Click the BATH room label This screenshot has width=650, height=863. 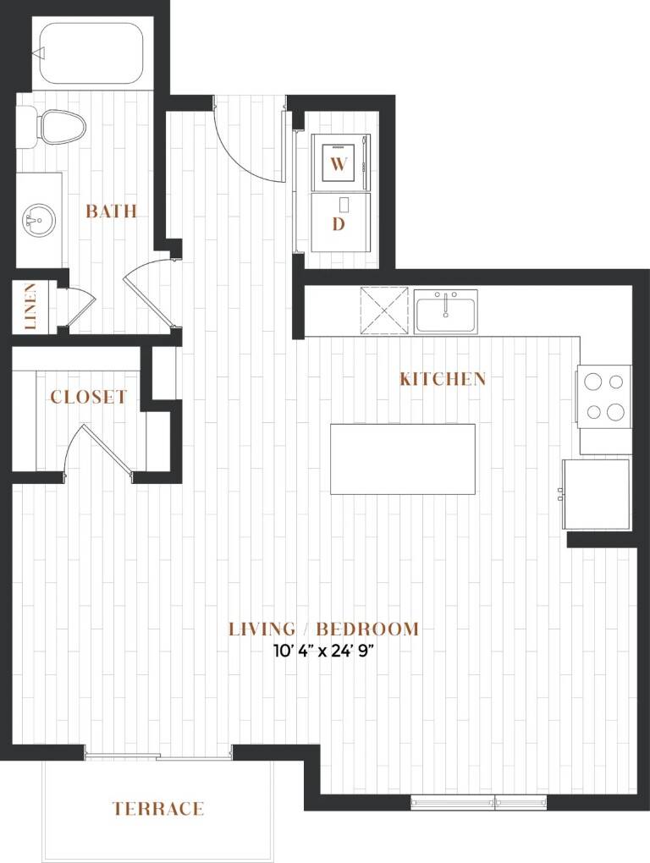click(111, 211)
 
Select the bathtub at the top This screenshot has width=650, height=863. click(88, 53)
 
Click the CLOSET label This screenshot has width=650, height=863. click(88, 397)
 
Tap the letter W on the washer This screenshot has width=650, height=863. click(339, 163)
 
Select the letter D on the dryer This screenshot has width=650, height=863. click(339, 224)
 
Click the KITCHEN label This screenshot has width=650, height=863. click(443, 379)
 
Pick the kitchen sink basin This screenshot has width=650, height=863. click(446, 311)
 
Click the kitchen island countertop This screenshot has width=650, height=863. click(403, 459)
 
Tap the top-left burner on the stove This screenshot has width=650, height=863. click(592, 382)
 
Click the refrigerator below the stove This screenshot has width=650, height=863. click(596, 494)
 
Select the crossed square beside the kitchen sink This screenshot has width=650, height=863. click(385, 311)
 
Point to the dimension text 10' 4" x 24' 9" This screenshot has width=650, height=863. click(324, 651)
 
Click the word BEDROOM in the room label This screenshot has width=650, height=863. click(367, 629)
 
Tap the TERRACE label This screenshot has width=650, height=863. click(158, 809)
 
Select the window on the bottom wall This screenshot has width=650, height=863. click(479, 802)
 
